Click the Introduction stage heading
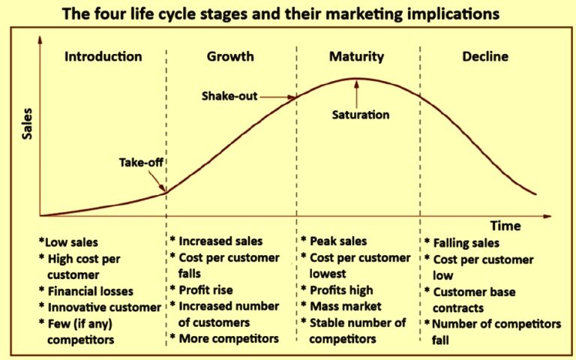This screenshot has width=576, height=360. coord(103,57)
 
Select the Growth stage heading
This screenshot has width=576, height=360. coord(230,57)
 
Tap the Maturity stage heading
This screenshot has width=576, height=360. coord(356,57)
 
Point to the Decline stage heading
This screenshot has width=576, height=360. coord(485,57)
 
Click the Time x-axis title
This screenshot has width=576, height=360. coord(505,225)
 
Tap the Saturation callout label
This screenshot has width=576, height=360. coord(361,115)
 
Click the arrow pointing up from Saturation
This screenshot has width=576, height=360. coord(357,93)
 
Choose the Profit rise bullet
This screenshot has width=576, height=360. coord(205,289)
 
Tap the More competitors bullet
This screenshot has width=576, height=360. coord(228,339)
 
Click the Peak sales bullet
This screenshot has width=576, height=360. coord(337,241)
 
